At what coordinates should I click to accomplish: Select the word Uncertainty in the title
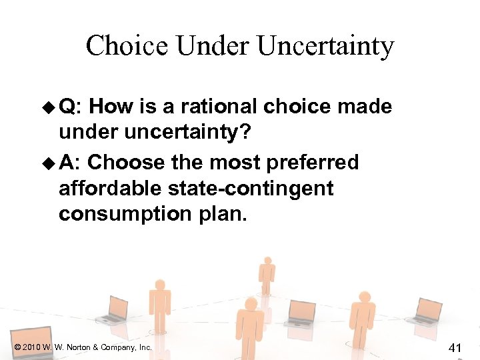pyautogui.click(x=325, y=46)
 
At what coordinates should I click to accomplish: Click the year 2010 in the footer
pyautogui.click(x=31, y=347)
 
